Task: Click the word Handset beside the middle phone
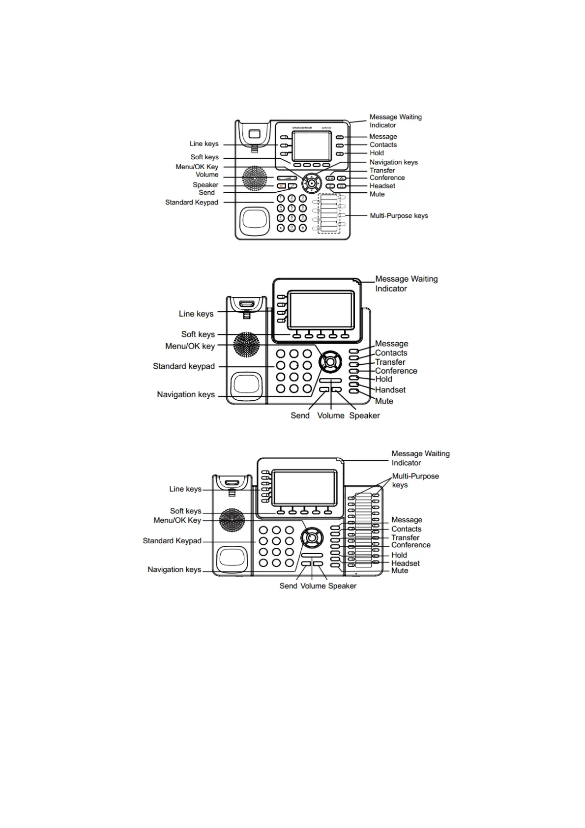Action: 390,390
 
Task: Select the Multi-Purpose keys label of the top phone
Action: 399,216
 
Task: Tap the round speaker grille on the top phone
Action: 254,178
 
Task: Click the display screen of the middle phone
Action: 322,310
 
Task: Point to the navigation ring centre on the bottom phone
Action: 312,537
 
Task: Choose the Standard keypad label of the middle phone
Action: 184,366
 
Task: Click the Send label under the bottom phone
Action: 288,586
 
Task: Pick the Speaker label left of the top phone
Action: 205,185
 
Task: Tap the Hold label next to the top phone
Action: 377,153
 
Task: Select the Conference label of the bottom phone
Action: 410,545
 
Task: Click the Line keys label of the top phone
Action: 204,144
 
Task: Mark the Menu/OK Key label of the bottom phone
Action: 177,520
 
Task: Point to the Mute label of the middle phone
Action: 384,401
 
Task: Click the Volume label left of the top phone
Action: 207,175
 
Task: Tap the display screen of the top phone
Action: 312,147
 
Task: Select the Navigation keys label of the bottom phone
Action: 175,570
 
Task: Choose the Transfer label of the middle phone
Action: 390,362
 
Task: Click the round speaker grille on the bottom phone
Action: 232,520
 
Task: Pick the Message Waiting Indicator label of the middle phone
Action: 406,284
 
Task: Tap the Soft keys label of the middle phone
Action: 198,334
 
